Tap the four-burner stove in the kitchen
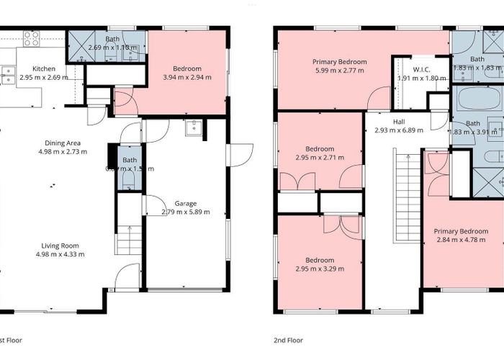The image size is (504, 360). [x=32, y=39]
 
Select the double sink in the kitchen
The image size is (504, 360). [x=8, y=75]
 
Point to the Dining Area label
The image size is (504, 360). [x=61, y=143]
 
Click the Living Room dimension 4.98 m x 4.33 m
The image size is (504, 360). [x=60, y=253]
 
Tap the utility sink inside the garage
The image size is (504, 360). [x=194, y=129]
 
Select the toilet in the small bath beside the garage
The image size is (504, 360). [x=129, y=180]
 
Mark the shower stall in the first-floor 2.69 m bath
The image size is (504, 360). [x=79, y=46]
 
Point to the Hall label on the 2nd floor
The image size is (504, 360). [x=398, y=122]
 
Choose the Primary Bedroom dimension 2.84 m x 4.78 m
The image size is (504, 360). [x=461, y=240]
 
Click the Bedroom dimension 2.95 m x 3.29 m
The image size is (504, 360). [x=319, y=269]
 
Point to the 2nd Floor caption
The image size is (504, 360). [x=289, y=340]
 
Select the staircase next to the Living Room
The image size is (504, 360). [x=130, y=238]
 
